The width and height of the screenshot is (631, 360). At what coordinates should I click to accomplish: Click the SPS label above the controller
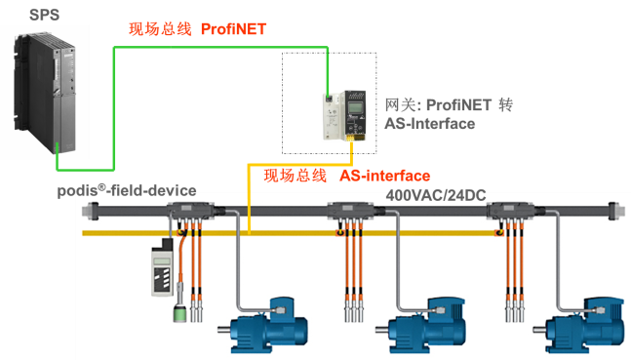point(44,15)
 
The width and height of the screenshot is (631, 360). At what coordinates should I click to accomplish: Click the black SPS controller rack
point(45,94)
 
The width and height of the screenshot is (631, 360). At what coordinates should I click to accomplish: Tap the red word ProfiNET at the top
point(233,29)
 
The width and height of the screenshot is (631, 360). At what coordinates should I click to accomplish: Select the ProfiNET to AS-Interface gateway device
point(344,115)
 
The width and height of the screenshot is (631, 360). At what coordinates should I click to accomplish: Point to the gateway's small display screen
point(355,108)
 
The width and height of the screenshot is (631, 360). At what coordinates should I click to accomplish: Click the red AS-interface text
point(384,176)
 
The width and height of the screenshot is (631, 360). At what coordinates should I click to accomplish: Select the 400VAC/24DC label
point(436,195)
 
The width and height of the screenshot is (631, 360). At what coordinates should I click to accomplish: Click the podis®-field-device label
point(127,190)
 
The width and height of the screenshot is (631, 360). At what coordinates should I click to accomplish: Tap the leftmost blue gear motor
point(263,324)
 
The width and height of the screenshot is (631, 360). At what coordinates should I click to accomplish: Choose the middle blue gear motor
point(420,324)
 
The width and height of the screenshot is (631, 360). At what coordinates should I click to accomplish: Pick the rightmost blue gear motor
point(578,324)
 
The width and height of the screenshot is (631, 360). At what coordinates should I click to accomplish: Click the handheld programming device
point(163,267)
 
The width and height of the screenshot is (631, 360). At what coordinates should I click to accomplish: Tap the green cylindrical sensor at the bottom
point(179,314)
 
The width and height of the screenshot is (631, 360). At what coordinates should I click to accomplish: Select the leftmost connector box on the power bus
point(191,210)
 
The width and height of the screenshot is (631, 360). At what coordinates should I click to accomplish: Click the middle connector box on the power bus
point(351,210)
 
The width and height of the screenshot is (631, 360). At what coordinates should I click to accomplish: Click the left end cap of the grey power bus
point(90,211)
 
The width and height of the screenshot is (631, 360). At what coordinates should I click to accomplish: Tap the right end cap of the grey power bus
point(613,211)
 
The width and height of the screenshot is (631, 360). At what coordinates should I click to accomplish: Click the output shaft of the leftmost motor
point(223,330)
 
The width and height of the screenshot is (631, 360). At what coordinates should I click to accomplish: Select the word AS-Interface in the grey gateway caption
point(430,124)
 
